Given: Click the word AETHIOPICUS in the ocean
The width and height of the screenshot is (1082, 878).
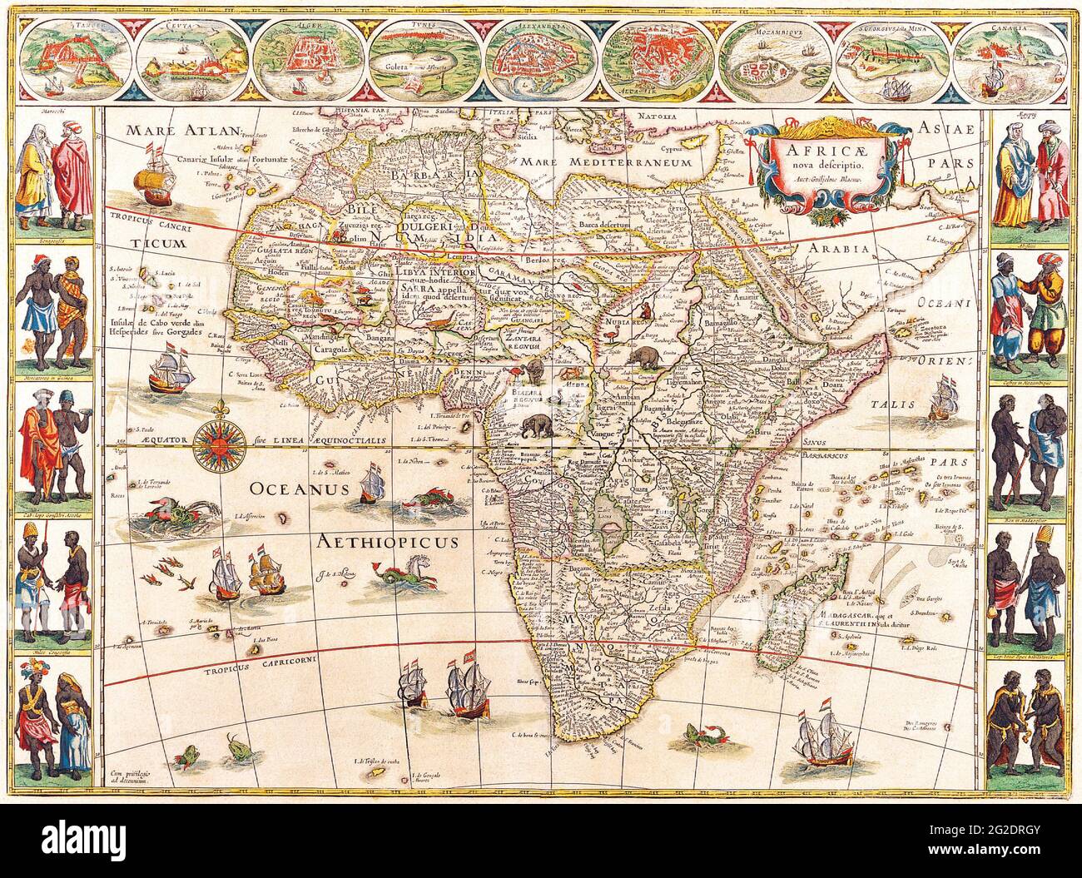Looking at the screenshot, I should pyautogui.click(x=388, y=543).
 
